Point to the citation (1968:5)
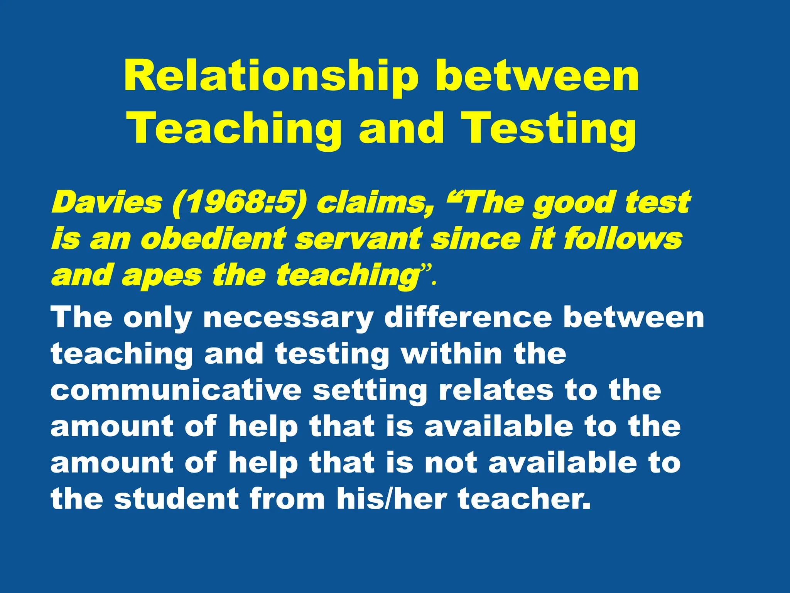239,203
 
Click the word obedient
213,239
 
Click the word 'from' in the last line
287,498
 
